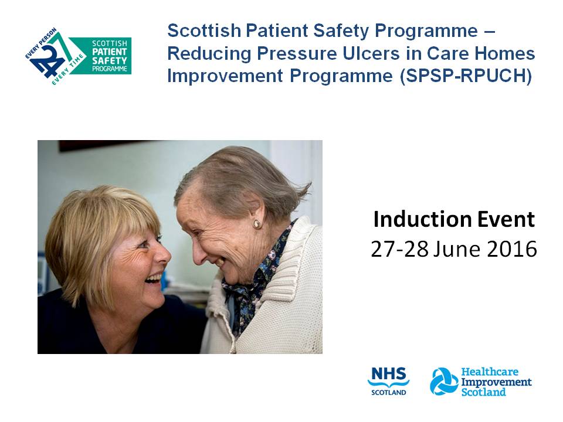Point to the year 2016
509,249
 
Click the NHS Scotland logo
388,382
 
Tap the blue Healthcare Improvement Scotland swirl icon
444,382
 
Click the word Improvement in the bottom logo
496,382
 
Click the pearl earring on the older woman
256,224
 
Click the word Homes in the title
509,54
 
